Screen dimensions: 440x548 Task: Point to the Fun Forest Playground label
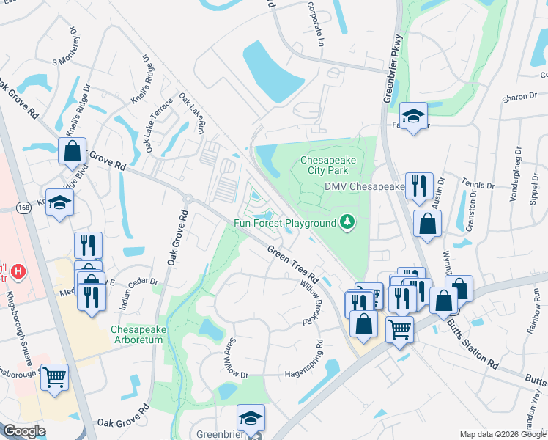pos(285,223)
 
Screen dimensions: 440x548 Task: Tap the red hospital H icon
pos(19,272)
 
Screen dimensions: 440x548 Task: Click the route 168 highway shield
pos(23,208)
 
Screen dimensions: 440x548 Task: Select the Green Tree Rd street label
pos(292,265)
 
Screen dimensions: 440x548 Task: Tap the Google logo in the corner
pos(24,431)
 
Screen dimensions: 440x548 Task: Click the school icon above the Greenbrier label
pos(251,417)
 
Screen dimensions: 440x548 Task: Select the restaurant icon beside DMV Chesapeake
pos(419,186)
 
